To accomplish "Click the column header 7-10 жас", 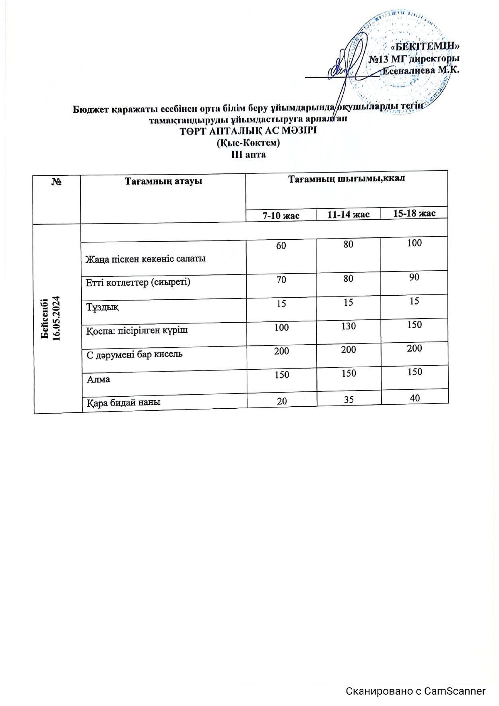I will coord(281,215).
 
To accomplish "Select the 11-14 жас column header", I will coord(348,214).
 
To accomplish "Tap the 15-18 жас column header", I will coord(414,213).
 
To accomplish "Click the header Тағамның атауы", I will coord(163,181).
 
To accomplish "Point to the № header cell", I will coord(56,182).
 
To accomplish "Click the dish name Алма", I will coord(99,379).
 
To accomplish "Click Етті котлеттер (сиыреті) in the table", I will coord(138,282).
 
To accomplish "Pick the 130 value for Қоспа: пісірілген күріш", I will coord(348,326).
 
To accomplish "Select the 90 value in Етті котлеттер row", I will coord(414,277).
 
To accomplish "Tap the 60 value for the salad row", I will coord(281,245).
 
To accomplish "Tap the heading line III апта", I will coord(248,154).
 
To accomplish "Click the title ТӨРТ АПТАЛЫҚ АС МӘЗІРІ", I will coord(248,131).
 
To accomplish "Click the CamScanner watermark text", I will coord(416,691).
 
